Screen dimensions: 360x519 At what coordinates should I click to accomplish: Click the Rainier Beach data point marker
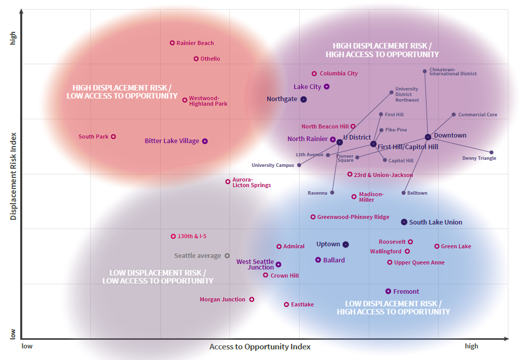click(172, 43)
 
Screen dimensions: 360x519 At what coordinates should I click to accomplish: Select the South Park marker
click(114, 137)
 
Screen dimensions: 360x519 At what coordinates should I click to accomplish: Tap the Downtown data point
click(428, 137)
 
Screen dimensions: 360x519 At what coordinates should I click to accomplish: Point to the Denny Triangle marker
click(491, 152)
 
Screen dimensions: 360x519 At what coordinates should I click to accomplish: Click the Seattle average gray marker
click(227, 256)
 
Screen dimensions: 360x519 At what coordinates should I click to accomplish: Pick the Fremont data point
click(388, 291)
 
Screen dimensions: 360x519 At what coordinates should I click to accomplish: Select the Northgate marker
click(304, 100)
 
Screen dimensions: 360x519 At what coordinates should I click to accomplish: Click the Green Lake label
click(456, 246)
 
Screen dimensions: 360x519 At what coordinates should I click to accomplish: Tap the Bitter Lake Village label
click(172, 141)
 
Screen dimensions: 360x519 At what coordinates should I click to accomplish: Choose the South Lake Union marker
click(404, 222)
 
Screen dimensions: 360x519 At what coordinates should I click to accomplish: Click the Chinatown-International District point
click(424, 71)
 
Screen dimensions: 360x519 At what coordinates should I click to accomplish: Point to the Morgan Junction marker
click(252, 299)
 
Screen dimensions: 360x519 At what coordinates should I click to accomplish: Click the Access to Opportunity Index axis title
click(260, 346)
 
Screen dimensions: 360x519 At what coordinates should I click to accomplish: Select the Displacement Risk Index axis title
click(14, 176)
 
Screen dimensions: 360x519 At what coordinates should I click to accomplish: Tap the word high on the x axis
click(471, 346)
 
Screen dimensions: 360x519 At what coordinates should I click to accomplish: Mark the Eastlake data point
click(287, 304)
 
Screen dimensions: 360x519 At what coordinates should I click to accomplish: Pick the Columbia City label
click(339, 73)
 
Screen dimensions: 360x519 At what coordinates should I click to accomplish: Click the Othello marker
click(196, 59)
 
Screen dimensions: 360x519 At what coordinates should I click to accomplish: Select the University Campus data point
click(299, 165)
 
